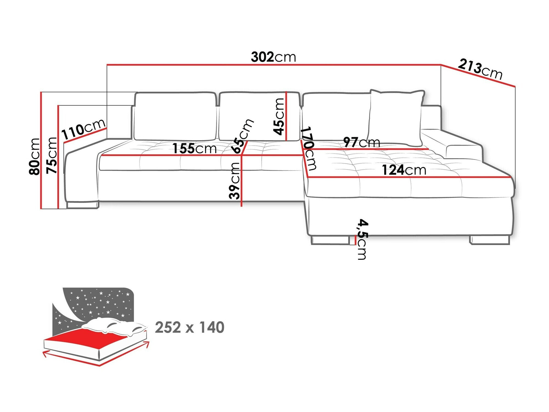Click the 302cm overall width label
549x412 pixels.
point(273,57)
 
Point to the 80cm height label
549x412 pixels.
point(35,156)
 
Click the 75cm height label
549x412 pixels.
point(52,155)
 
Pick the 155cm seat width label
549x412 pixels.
point(194,149)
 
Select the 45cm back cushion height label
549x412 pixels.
point(279,116)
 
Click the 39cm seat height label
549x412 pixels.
point(234,180)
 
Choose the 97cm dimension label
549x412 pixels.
point(362,142)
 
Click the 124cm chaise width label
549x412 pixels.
point(404,170)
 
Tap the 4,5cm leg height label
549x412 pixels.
point(362,239)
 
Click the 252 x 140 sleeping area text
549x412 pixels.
point(189,327)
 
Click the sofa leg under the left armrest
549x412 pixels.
point(82,205)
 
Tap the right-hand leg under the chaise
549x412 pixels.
point(490,240)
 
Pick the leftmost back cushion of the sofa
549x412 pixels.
point(175,116)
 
